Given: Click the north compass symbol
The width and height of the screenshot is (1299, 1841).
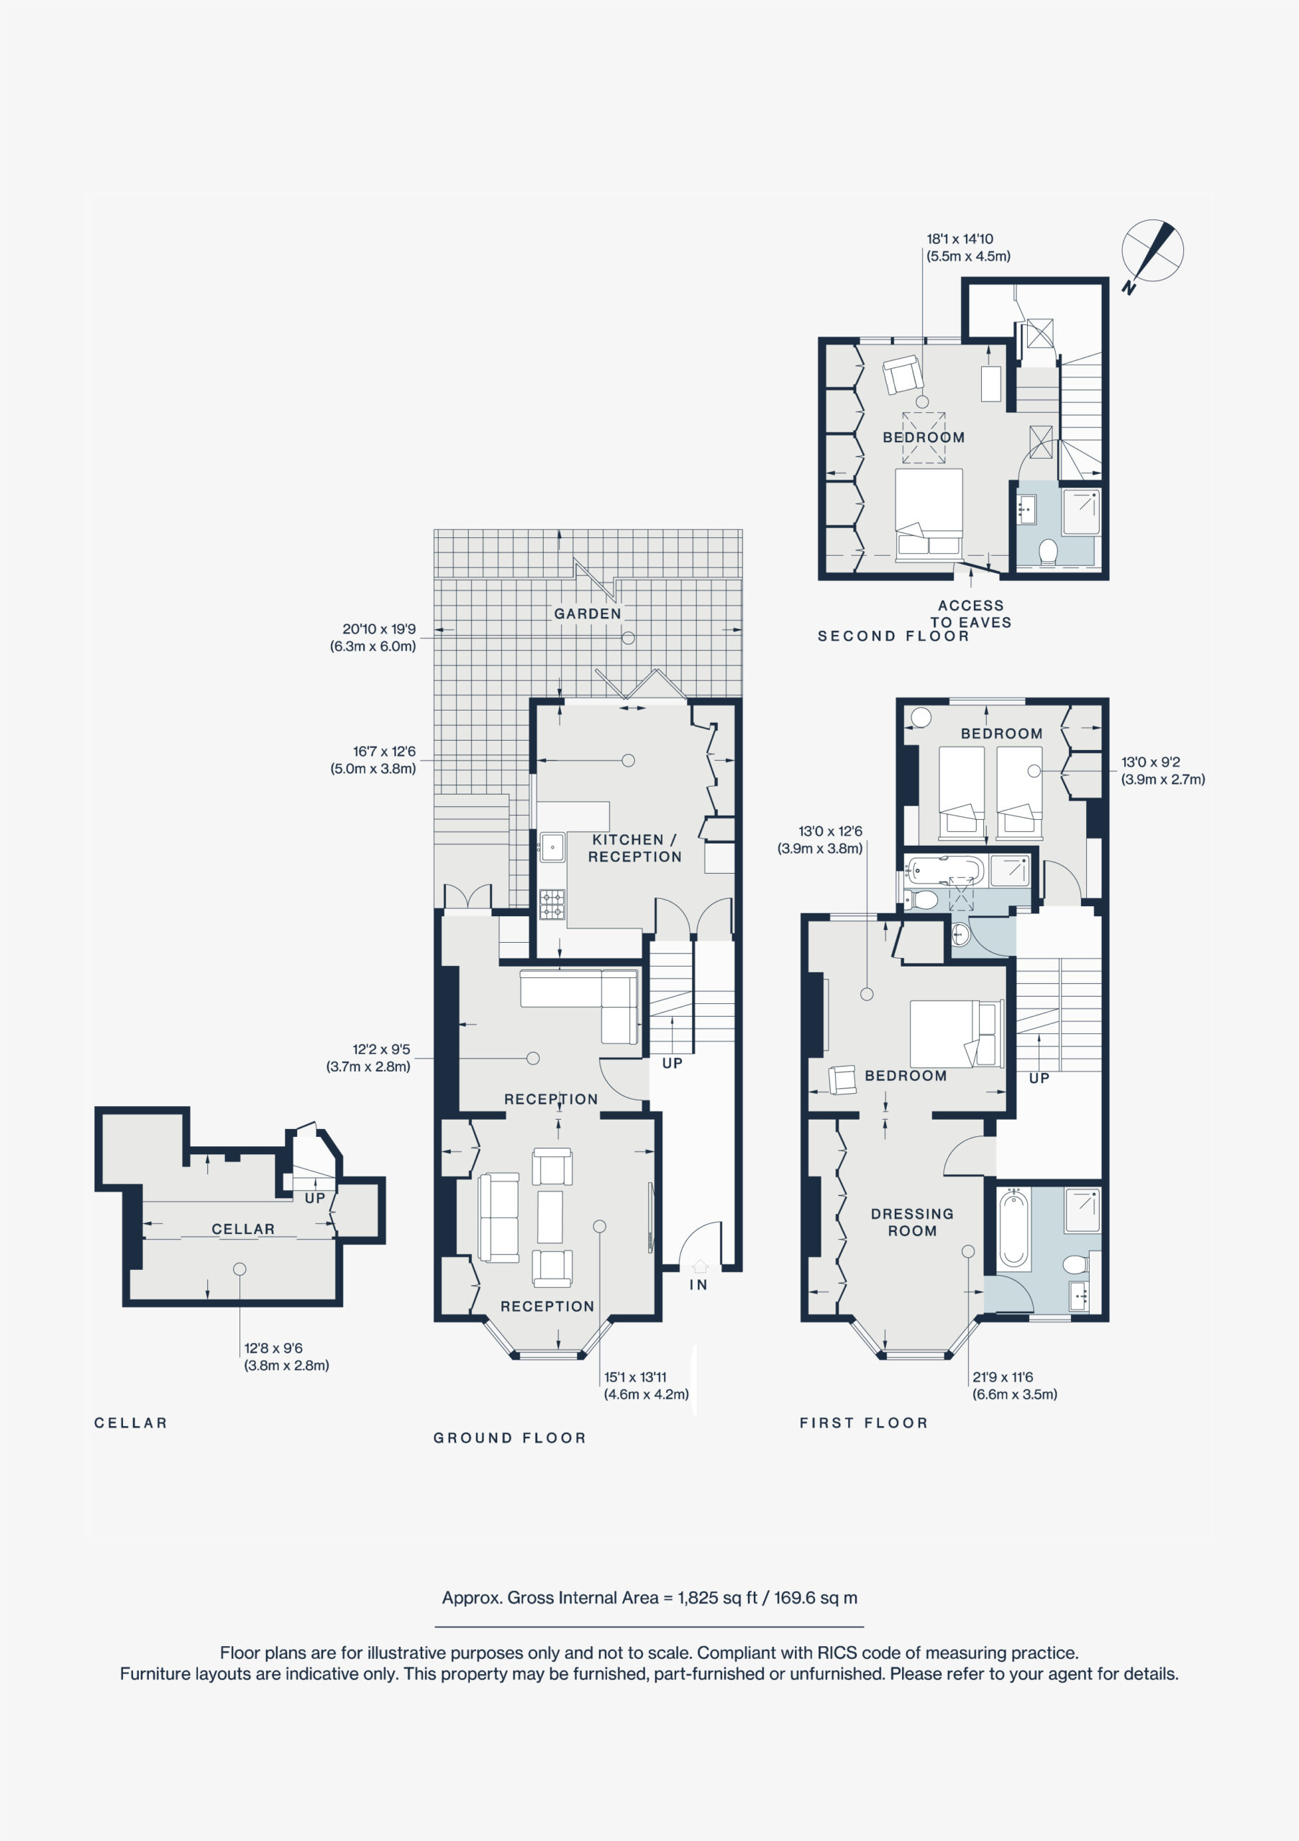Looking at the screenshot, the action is point(1152,252).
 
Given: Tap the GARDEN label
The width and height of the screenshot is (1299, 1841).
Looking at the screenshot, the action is point(588,613).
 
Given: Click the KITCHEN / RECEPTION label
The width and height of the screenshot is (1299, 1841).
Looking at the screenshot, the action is point(634,848).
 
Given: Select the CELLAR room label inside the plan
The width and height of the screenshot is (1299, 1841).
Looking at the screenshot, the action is point(243,1229).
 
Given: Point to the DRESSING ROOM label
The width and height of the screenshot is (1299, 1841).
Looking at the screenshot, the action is point(912,1222).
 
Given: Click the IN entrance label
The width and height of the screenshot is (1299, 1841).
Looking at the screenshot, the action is point(698,1284).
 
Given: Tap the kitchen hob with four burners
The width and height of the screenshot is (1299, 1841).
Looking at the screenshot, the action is point(552,905).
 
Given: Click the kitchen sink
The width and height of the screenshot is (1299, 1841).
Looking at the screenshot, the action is point(552,846).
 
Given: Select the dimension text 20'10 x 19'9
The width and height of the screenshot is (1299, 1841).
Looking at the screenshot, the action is point(378,629).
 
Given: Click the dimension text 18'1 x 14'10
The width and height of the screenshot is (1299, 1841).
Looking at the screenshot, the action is point(960,239).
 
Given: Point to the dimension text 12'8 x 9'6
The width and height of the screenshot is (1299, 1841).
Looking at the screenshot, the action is point(273,1348).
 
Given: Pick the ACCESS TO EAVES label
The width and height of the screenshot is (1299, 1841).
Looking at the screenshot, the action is point(970,613).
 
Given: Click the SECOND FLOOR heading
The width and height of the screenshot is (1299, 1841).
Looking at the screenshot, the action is point(893,636).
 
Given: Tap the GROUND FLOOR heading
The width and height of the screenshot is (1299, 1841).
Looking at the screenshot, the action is point(510,1438).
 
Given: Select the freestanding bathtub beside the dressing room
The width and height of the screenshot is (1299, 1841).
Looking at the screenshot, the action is point(1014,1230).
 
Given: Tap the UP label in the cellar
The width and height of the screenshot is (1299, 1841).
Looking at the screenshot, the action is point(315,1198).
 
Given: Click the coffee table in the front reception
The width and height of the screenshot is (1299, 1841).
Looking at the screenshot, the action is point(550,1216).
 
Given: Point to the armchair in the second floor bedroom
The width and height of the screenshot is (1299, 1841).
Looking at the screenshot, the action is point(901,375).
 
